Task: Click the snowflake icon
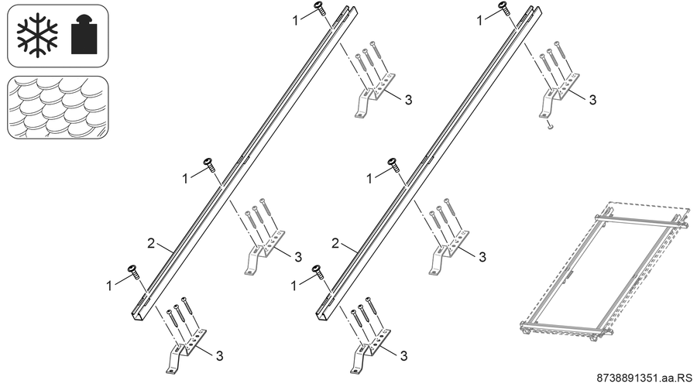point(37,35)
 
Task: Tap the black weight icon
point(84,35)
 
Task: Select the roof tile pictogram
point(58,107)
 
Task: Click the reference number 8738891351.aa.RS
point(644,378)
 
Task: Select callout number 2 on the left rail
point(151,243)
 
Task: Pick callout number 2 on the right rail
point(335,243)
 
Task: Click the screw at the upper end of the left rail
point(320,8)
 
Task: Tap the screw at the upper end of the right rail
point(504,8)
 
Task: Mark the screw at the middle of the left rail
point(209,164)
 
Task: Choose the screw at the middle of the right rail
point(393,164)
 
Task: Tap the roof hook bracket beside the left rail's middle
point(266,252)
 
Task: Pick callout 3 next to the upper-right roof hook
point(592,100)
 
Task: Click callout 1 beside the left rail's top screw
point(296,20)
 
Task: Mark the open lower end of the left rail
point(137,314)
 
